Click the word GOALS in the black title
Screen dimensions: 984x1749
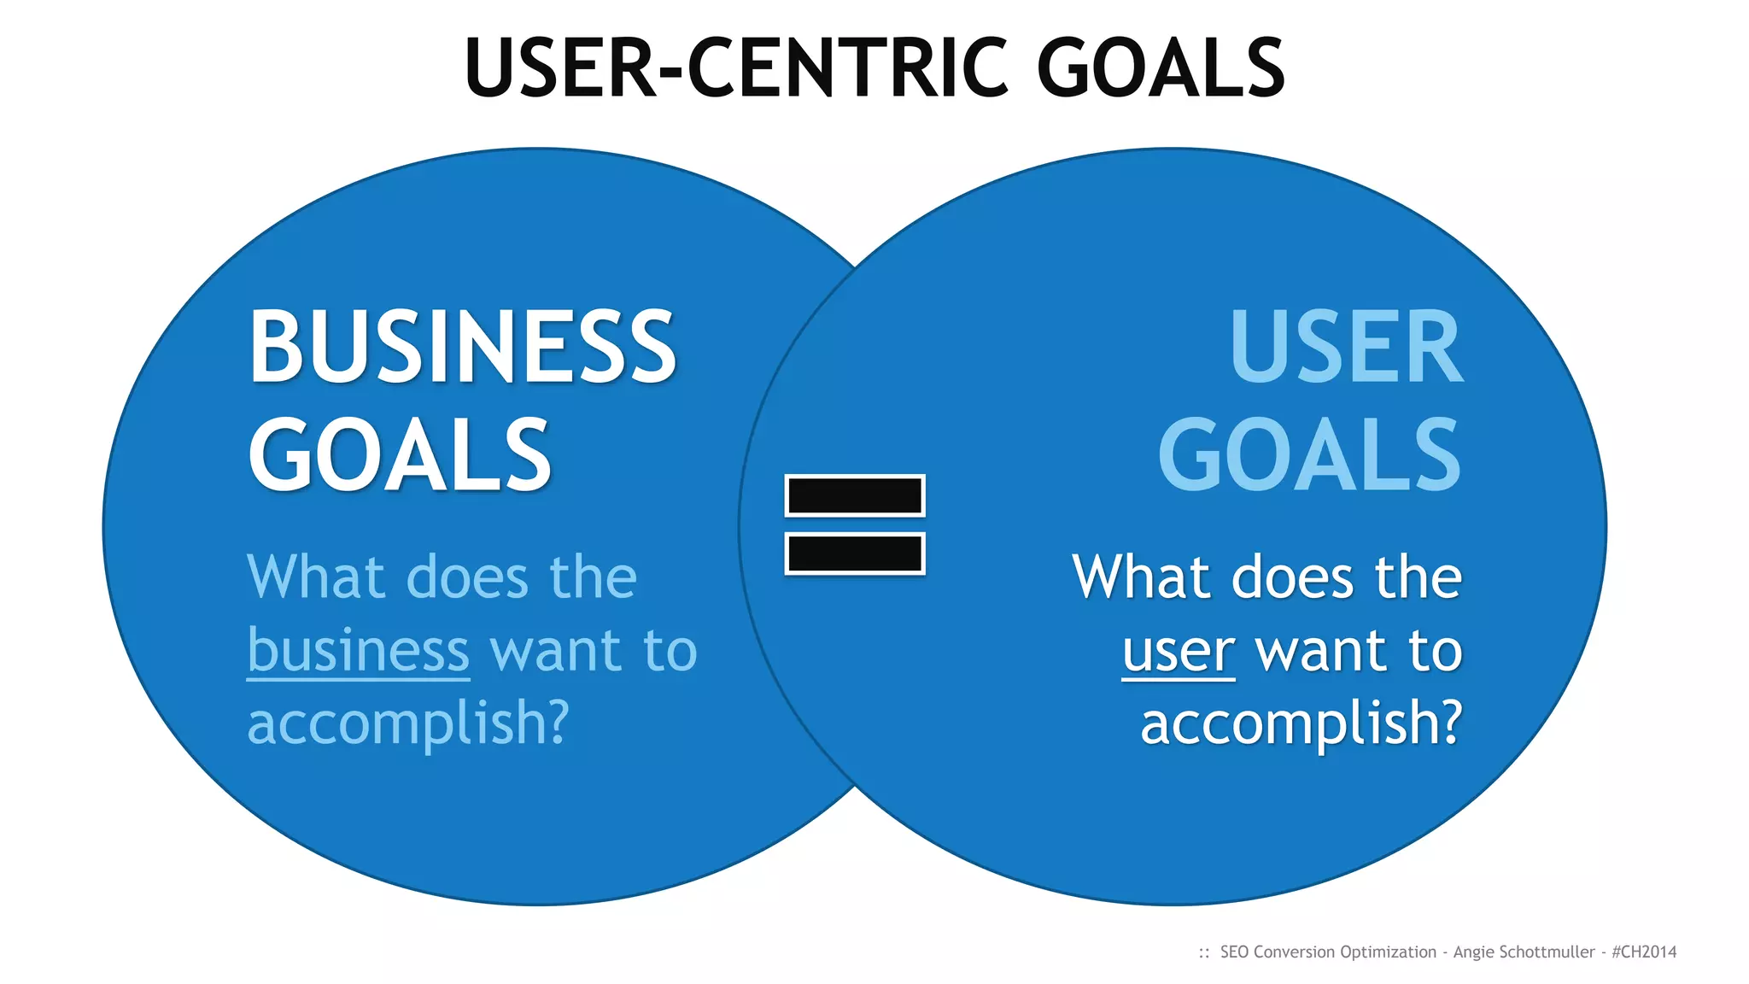[1161, 68]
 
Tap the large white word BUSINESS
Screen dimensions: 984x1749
[462, 348]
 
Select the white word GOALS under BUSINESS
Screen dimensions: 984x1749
[400, 456]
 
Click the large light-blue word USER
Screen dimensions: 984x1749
[1347, 348]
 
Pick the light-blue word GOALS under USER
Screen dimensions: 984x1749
[1309, 456]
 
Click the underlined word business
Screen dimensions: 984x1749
[358, 652]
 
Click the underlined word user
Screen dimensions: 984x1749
[1179, 652]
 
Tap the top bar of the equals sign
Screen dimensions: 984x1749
[854, 495]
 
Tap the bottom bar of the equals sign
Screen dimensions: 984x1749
[854, 553]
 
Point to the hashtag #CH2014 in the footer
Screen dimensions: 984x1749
[1644, 952]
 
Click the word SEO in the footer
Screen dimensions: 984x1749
[1234, 952]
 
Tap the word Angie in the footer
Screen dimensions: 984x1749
[1473, 952]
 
